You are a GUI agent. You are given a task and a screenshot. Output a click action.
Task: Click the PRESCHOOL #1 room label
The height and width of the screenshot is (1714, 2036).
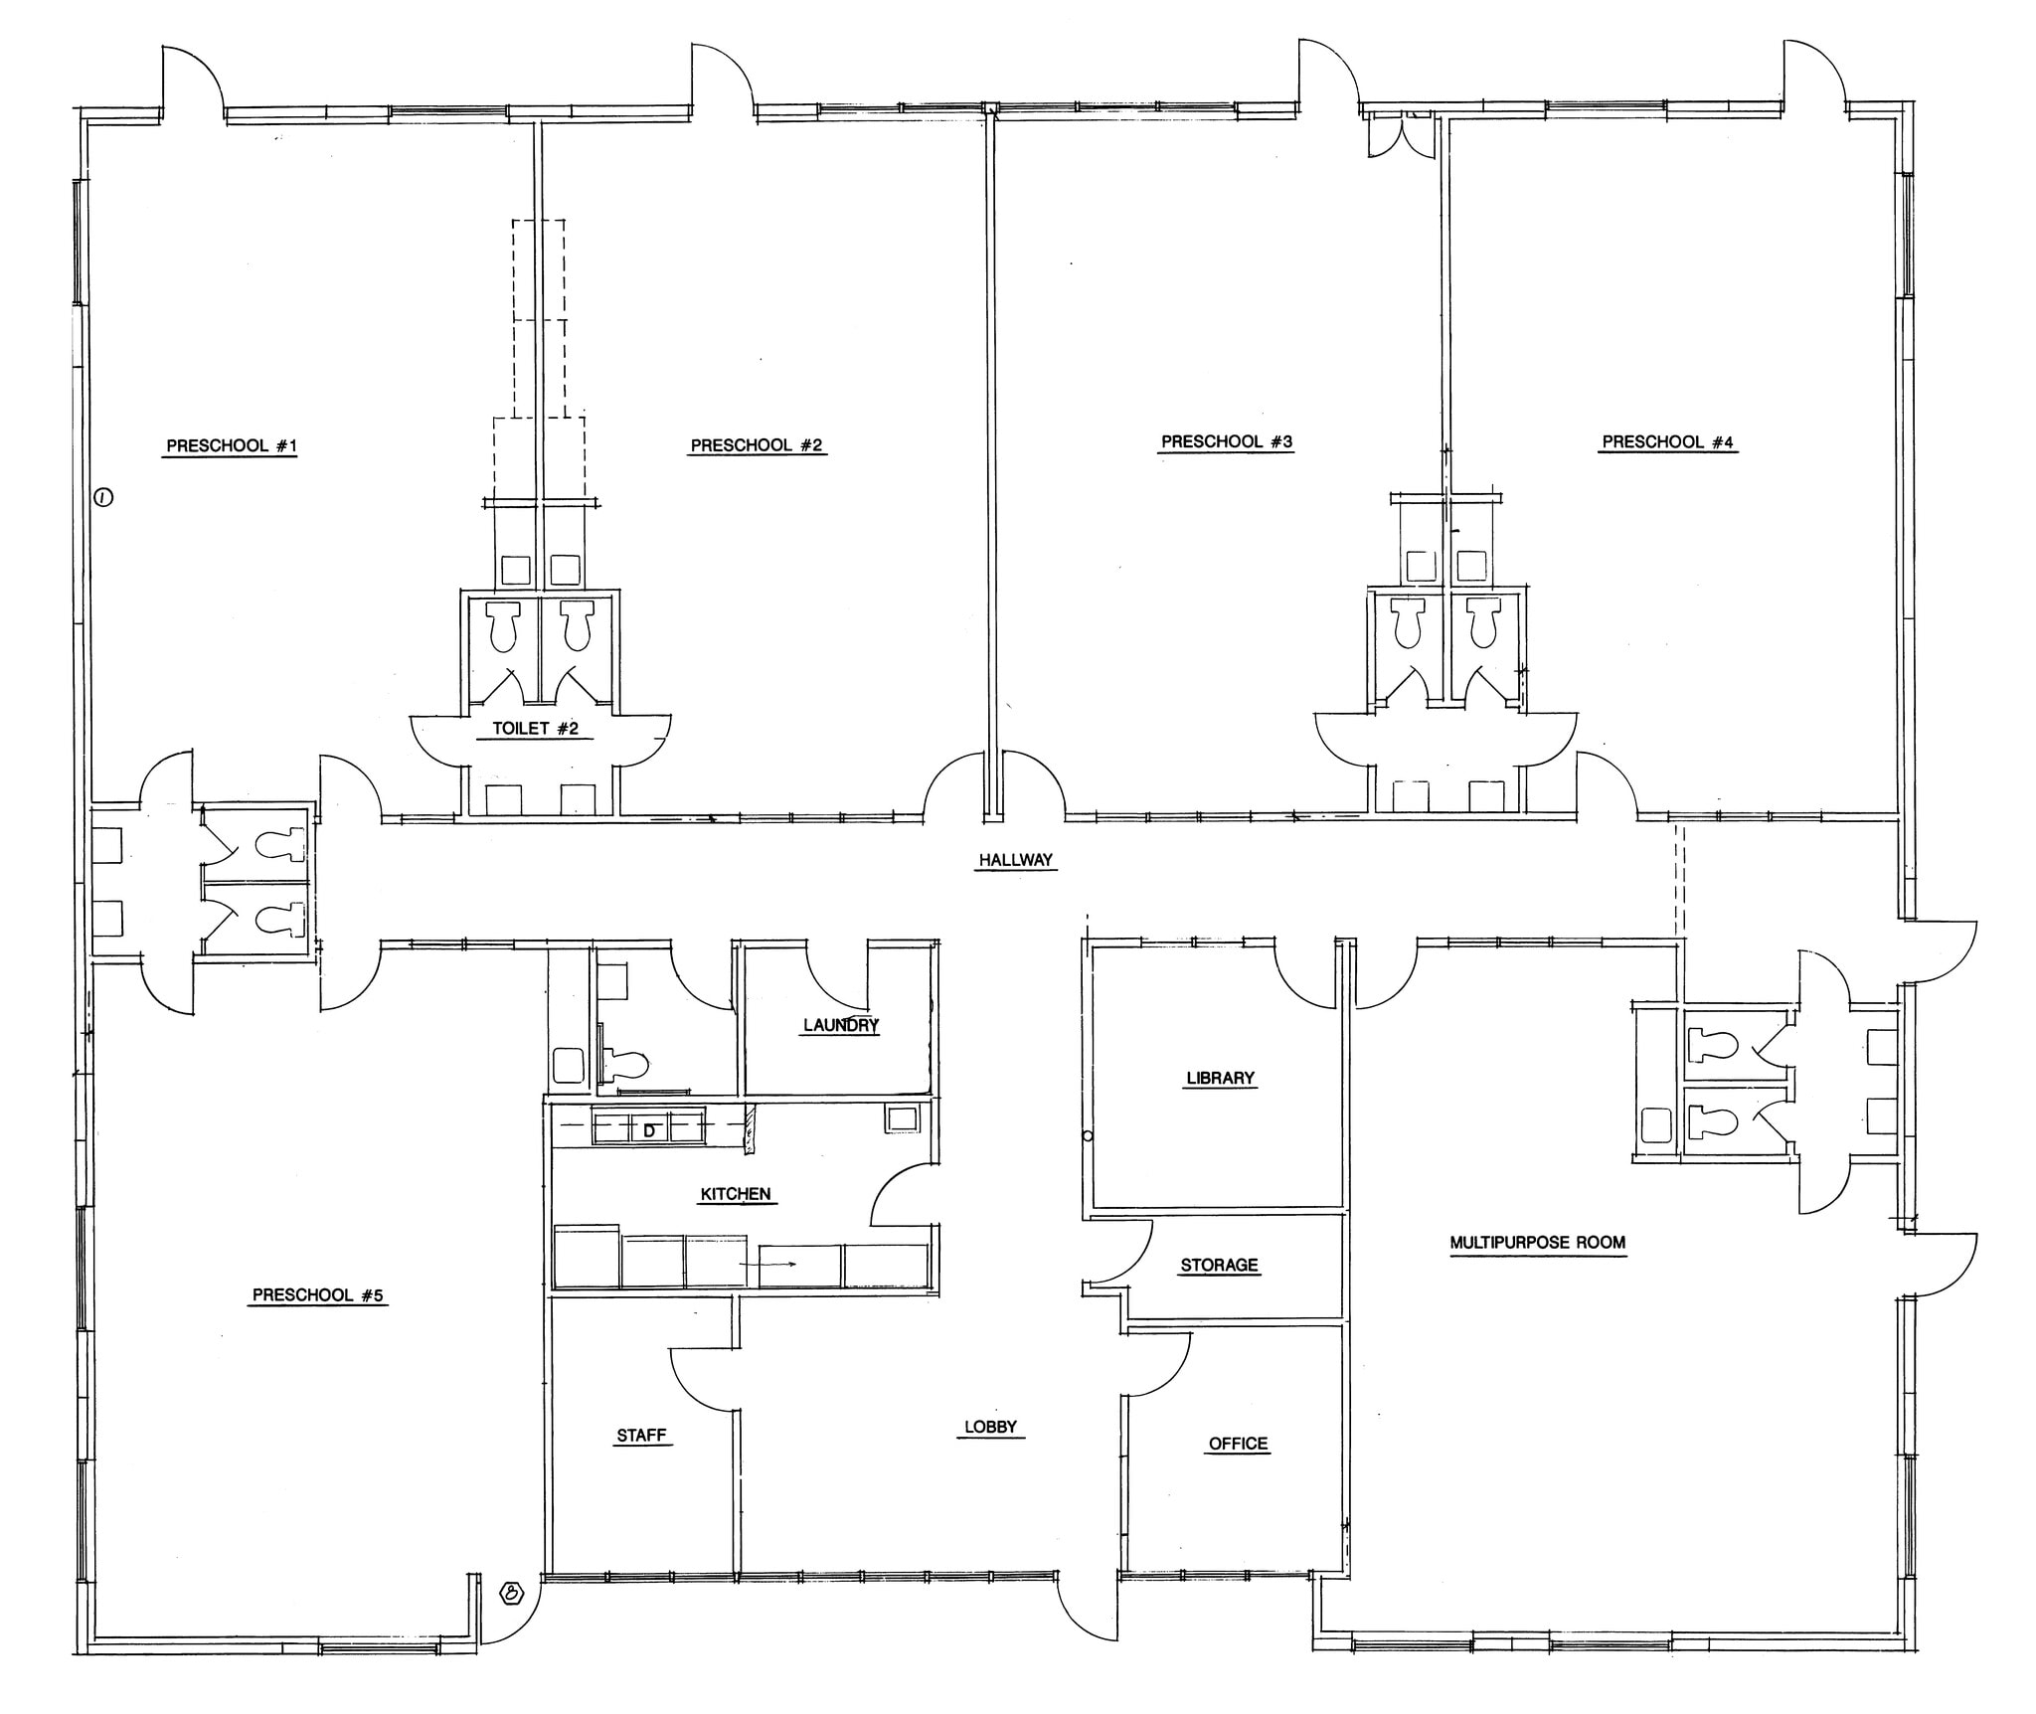pyautogui.click(x=232, y=445)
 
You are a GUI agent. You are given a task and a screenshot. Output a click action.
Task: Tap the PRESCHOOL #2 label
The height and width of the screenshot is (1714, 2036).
pyautogui.click(x=757, y=445)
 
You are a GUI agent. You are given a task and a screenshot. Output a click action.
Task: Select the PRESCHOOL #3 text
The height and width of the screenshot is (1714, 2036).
pyautogui.click(x=1227, y=441)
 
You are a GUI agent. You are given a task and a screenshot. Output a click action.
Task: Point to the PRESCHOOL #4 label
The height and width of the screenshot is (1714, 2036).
pyautogui.click(x=1667, y=441)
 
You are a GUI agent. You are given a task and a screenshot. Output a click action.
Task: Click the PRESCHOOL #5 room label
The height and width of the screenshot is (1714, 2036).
pyautogui.click(x=318, y=1294)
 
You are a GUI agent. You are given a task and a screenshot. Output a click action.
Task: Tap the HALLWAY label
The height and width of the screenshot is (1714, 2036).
pyautogui.click(x=1015, y=860)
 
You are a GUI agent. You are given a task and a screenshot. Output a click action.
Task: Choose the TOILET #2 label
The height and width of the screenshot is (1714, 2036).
pyautogui.click(x=536, y=728)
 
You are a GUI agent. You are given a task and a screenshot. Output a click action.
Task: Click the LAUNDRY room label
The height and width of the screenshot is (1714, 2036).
pyautogui.click(x=841, y=1024)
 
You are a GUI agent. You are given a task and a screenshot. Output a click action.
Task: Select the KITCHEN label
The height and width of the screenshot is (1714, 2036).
pyautogui.click(x=736, y=1194)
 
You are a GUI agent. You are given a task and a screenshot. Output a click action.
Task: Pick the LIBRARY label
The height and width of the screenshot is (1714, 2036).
pyautogui.click(x=1220, y=1078)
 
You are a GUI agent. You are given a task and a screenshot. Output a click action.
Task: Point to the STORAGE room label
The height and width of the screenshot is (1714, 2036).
pyautogui.click(x=1219, y=1265)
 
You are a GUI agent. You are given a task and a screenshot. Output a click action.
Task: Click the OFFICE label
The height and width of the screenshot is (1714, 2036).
pyautogui.click(x=1238, y=1444)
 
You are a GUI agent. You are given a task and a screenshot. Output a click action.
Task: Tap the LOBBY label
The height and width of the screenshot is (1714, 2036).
pyautogui.click(x=990, y=1427)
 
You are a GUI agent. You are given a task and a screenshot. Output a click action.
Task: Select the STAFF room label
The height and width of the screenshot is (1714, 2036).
pyautogui.click(x=641, y=1436)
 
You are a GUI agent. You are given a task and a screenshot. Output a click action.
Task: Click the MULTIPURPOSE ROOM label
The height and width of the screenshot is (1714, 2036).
pyautogui.click(x=1538, y=1242)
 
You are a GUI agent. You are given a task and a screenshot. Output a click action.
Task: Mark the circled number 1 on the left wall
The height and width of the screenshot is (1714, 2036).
pyautogui.click(x=103, y=497)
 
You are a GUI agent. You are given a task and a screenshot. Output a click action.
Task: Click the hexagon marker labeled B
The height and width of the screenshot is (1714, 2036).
pyautogui.click(x=512, y=1594)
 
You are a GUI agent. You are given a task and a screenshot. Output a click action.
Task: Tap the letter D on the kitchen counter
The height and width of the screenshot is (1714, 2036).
pyautogui.click(x=649, y=1130)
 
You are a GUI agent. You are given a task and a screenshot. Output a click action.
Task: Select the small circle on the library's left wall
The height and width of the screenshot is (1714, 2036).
pyautogui.click(x=1088, y=1135)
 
